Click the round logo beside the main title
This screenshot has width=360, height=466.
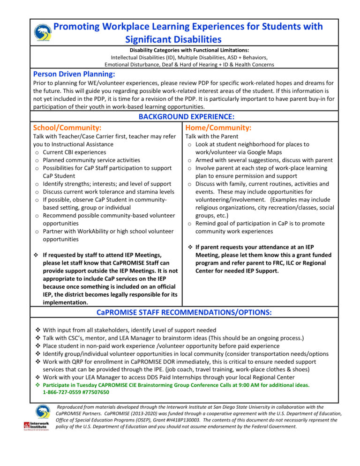pyautogui.click(x=43, y=32)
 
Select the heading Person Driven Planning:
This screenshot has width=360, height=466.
pyautogui.click(x=74, y=74)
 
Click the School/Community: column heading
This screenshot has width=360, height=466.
pyautogui.click(x=67, y=127)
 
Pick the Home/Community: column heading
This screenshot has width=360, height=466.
pyautogui.click(x=218, y=127)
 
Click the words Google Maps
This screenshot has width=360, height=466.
pyautogui.click(x=267, y=152)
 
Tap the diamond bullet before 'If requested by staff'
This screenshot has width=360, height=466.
pyautogui.click(x=36, y=255)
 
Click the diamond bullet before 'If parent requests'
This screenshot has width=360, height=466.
pyautogui.click(x=189, y=247)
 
